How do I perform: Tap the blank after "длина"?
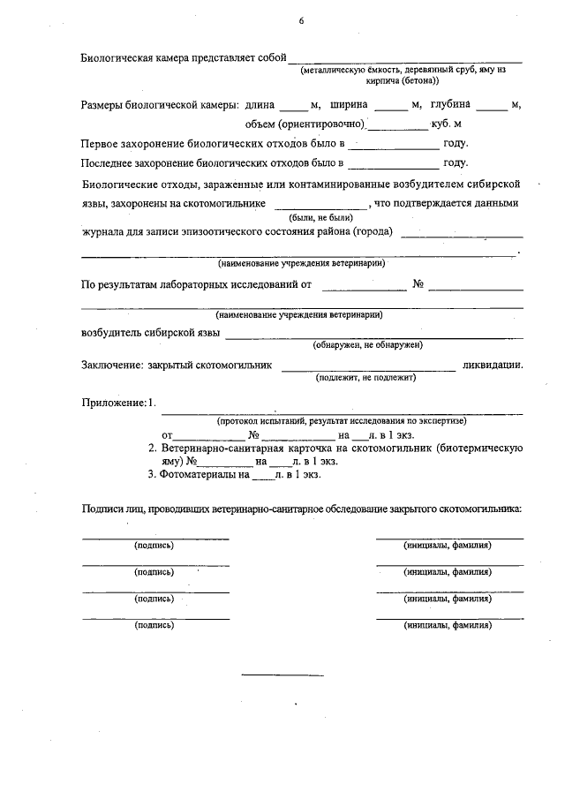(x=295, y=106)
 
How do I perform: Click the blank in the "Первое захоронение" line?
(x=394, y=144)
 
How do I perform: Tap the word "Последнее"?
(x=107, y=162)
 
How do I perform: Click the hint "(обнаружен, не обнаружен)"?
(x=372, y=344)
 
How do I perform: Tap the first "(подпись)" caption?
(x=154, y=545)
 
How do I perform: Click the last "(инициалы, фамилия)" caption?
(x=448, y=625)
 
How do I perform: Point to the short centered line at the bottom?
(x=282, y=676)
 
